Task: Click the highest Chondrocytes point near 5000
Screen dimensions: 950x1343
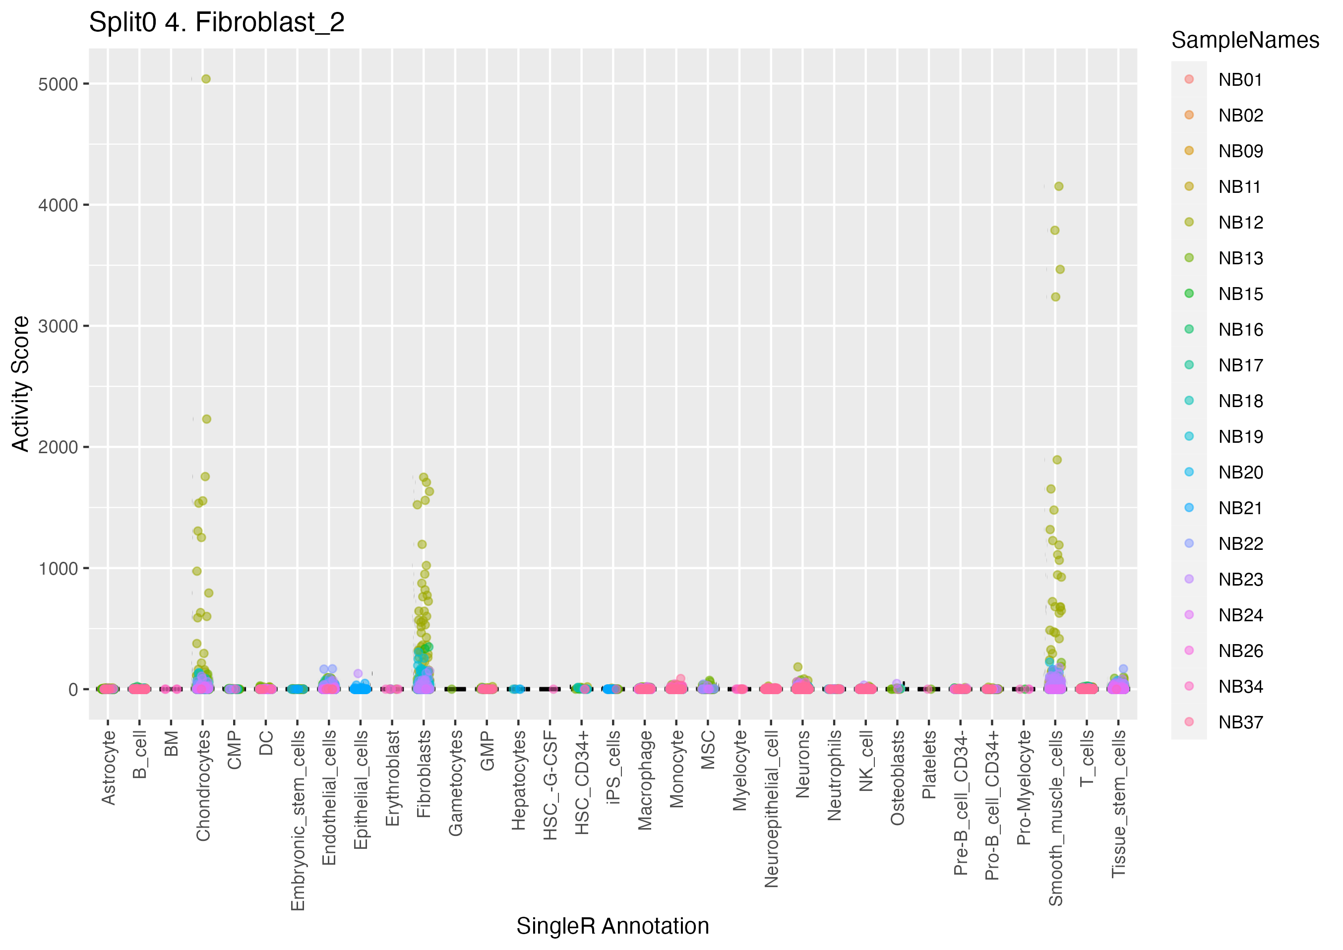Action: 206,79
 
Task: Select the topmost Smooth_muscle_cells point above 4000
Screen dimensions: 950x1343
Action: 1059,186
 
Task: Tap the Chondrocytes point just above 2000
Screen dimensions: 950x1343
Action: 206,419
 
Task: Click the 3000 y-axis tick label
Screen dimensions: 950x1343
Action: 58,326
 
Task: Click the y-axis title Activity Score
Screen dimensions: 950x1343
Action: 21,384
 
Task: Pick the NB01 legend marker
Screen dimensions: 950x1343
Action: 1189,79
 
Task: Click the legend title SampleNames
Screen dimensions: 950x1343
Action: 1245,40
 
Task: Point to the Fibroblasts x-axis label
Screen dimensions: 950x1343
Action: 424,773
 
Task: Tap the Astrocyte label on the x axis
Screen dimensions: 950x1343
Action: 108,768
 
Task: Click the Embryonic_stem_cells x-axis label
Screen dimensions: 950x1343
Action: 298,820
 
